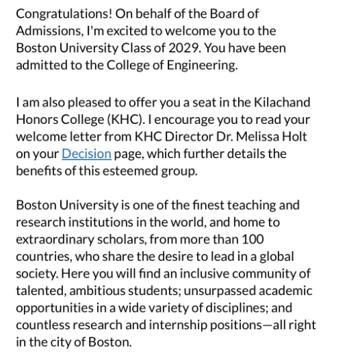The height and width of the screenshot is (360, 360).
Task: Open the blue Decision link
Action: coord(86,154)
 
